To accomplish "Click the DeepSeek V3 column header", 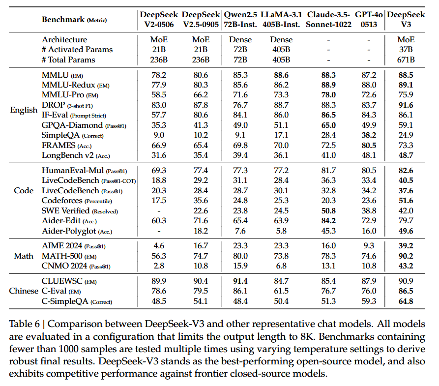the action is point(406,19).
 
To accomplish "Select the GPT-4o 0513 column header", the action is point(369,19).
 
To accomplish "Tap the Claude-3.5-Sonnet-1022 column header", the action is point(328,19).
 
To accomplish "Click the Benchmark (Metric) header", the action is point(74,20).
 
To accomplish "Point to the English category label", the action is point(24,110).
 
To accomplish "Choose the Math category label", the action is point(24,256).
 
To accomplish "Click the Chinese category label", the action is point(24,291).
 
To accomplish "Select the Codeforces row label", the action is point(77,201).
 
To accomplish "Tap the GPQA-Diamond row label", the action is point(84,125).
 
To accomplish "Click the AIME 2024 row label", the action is point(74,246).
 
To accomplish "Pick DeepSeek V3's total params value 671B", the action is point(406,59).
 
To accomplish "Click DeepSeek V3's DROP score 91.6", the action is point(406,105).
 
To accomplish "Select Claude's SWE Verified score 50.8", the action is point(328,210).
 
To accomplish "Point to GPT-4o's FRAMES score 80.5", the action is point(369,146).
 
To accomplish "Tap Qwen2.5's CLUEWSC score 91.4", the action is point(240,281).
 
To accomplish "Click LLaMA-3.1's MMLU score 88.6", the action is point(281,75).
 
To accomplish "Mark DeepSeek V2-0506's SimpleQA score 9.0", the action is point(159,135).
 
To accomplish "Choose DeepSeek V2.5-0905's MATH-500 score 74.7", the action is point(201,256).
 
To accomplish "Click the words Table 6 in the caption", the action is point(25,324).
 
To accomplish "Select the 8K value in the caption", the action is point(307,336).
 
